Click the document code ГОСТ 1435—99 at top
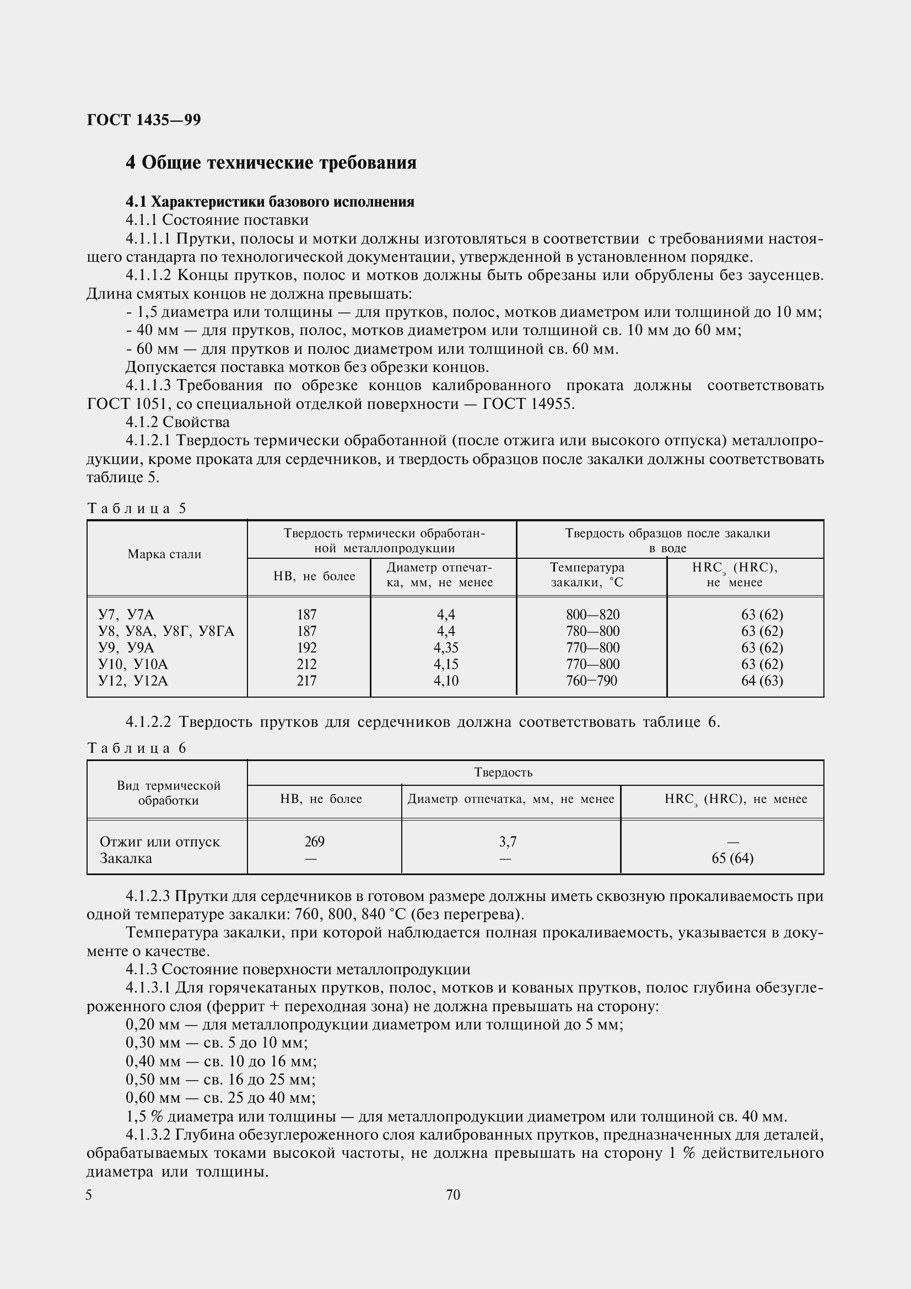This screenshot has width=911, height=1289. pos(144,120)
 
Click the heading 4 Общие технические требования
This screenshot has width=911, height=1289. pos(271,163)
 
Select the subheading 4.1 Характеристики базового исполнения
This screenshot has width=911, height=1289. pos(269,202)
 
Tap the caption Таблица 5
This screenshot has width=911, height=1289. pos(136,508)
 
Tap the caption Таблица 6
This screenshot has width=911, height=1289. pos(136,748)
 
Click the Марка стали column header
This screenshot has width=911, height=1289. pos(164,554)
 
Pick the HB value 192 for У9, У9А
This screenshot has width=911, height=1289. pos(306,648)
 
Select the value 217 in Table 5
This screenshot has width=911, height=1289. pos(306,681)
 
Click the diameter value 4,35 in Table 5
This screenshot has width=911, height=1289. pos(446,648)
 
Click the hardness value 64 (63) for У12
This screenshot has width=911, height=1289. pos(762,681)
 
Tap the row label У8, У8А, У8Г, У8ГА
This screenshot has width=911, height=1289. pos(166,631)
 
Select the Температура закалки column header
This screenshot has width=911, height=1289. pos(586,575)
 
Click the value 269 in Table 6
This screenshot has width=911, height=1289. pos(314,842)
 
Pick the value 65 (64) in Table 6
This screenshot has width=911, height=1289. pos(732,858)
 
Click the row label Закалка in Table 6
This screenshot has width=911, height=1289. pos(126,858)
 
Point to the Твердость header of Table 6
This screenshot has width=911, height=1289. pos(503,772)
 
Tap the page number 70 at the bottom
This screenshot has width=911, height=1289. pos(453,1195)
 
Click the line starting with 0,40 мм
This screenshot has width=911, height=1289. pos(221,1061)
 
